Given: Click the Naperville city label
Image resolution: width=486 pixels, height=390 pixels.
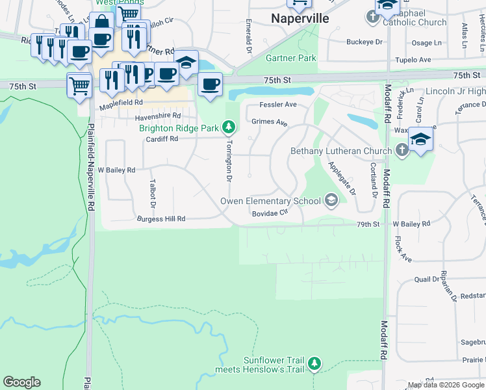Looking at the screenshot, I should point(300,19).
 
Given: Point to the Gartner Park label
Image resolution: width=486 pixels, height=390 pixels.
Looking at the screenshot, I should point(291,58).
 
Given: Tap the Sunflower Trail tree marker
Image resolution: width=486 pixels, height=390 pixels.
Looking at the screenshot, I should point(314,363).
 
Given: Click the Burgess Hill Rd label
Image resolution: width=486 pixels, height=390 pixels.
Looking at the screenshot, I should point(161,220).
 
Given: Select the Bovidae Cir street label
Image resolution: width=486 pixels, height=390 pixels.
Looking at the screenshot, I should point(270,213).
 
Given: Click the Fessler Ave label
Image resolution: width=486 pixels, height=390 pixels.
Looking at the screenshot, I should point(278,104).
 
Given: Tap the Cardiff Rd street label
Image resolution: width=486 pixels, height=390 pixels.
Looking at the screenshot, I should point(162,138).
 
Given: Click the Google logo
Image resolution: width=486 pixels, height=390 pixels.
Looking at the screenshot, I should point(21,382).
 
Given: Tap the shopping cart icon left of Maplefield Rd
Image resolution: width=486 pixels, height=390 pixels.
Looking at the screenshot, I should point(79,84).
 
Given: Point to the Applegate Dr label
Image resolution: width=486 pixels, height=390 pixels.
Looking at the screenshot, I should point(342,178).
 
